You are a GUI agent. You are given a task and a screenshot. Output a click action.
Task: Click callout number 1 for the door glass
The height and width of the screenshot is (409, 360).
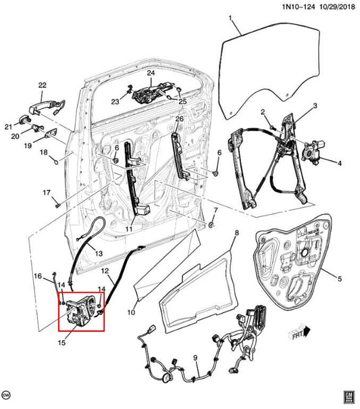click(x=229, y=18)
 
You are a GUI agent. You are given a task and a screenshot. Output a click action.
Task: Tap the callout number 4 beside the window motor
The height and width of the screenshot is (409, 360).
click(x=340, y=163)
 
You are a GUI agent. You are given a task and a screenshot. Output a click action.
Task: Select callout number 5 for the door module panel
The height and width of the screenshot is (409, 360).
click(x=340, y=276)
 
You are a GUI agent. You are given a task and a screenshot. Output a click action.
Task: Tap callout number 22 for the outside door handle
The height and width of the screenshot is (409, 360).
click(x=42, y=85)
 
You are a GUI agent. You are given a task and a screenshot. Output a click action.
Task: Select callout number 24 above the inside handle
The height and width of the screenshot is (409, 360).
click(x=151, y=73)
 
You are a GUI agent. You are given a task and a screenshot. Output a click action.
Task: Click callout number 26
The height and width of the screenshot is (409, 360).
click(x=179, y=119)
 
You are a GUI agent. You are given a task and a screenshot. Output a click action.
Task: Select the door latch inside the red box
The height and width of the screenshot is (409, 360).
click(x=80, y=308)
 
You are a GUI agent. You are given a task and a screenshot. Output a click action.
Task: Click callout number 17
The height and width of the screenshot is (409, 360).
click(x=47, y=193)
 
